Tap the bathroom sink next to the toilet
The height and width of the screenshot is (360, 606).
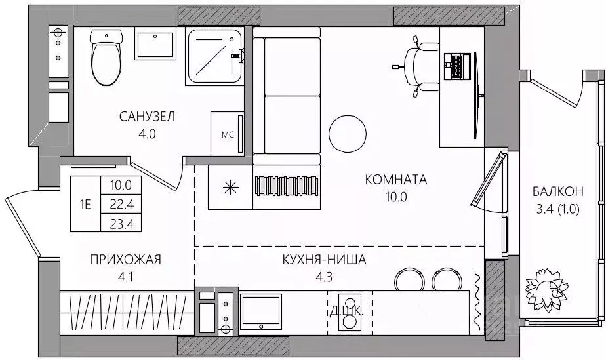(155, 43)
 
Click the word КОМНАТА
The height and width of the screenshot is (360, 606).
(396, 179)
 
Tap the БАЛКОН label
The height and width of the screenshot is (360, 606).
(557, 192)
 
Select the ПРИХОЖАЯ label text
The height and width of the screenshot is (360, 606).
(125, 260)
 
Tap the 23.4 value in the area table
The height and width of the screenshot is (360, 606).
(122, 223)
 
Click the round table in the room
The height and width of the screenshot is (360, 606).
(346, 133)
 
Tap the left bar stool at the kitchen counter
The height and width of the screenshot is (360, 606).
(411, 279)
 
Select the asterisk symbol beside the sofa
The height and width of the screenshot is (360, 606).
(230, 187)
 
